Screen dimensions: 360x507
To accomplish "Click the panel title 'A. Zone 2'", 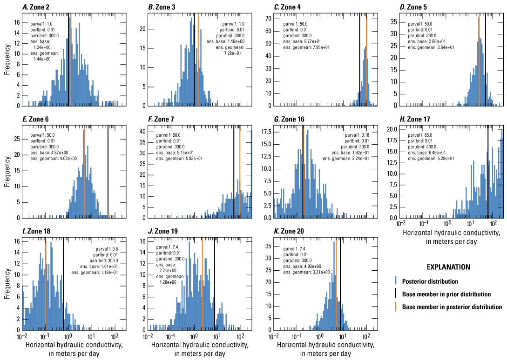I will (x=38, y=7).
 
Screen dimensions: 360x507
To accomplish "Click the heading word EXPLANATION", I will (x=448, y=267).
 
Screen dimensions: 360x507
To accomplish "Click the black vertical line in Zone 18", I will (x=63, y=284).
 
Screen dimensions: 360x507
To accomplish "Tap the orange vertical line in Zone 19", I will (x=202, y=284).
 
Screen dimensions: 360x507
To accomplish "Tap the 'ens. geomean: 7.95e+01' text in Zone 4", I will (x=302, y=47).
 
